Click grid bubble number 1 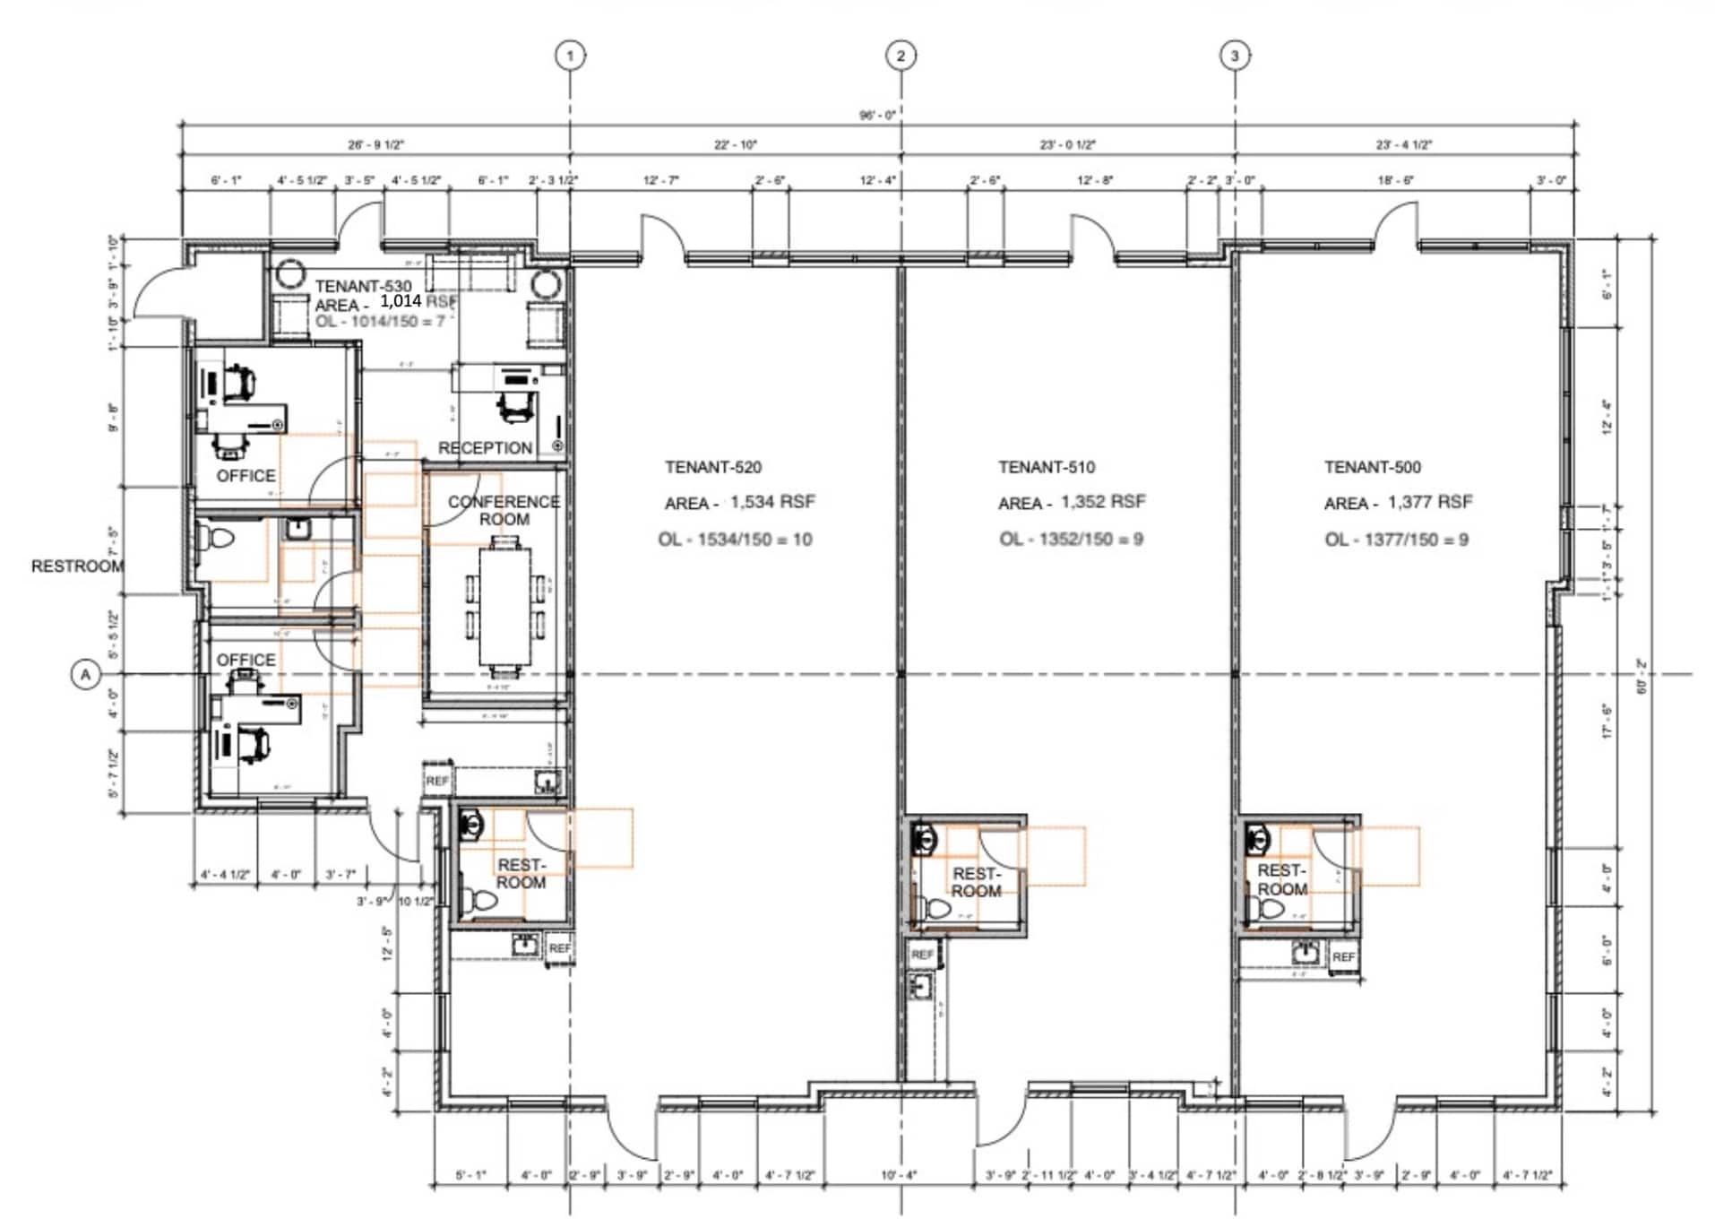click(570, 56)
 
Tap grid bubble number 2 click(901, 56)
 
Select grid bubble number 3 click(1235, 56)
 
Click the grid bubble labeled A click(86, 674)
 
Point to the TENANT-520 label click(713, 467)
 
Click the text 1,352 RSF click(1103, 501)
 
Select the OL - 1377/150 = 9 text click(1396, 540)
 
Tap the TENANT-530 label click(364, 286)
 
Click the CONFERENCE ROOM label click(504, 511)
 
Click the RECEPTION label click(485, 447)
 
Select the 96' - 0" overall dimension click(877, 115)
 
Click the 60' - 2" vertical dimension click(1642, 678)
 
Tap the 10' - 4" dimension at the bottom click(899, 1175)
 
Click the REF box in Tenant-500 click(1343, 956)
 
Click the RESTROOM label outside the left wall click(77, 566)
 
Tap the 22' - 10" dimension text click(736, 144)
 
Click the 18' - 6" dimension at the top click(1395, 180)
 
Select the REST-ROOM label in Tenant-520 click(521, 873)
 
